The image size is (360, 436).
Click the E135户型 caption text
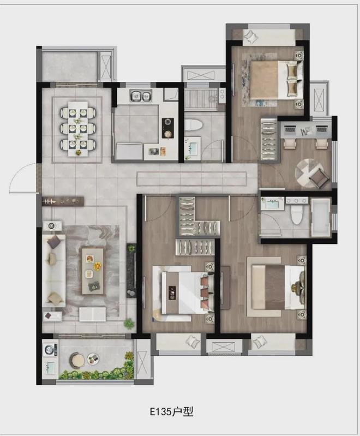[x=171, y=411]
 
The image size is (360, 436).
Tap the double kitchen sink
[x=141, y=96]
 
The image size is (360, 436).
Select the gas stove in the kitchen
[x=167, y=128]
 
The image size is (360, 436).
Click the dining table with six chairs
[x=78, y=128]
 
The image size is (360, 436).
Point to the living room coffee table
[x=93, y=271]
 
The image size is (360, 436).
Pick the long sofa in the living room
[x=53, y=270]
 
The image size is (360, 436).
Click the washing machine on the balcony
[x=50, y=350]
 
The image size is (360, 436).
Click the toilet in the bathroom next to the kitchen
[x=194, y=125]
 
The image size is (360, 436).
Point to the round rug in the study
[x=309, y=172]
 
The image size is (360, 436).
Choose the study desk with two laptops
[x=305, y=130]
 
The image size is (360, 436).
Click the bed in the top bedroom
[x=276, y=80]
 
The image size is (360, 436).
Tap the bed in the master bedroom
[x=277, y=287]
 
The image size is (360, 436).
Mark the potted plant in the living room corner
[x=129, y=324]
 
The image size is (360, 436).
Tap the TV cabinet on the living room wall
[x=131, y=271]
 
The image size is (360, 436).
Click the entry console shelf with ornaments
[x=63, y=201]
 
